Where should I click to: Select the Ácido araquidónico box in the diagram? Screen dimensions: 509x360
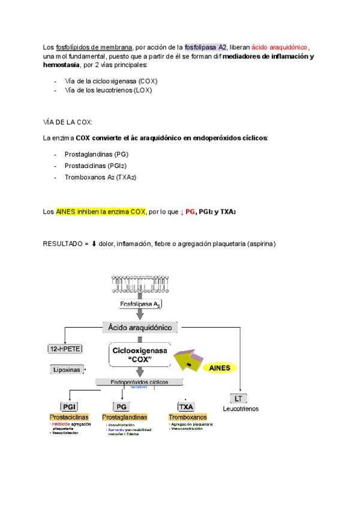pos(139,327)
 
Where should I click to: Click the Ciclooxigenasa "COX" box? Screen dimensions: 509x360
pos(140,354)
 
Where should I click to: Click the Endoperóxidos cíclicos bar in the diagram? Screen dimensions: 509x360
pos(140,382)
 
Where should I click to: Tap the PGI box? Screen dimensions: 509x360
pos(68,406)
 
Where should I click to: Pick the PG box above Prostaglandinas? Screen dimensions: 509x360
pos(122,406)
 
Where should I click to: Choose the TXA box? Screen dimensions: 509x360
pos(186,406)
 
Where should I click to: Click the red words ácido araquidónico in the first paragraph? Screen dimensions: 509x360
pos(279,47)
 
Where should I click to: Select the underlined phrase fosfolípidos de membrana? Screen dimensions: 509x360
pos(94,47)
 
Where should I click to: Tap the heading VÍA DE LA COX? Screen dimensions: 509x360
pos(67,122)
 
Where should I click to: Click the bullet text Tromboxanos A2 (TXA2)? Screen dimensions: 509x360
pos(100,178)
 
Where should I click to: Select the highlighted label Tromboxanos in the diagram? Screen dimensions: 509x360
pos(188,417)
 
